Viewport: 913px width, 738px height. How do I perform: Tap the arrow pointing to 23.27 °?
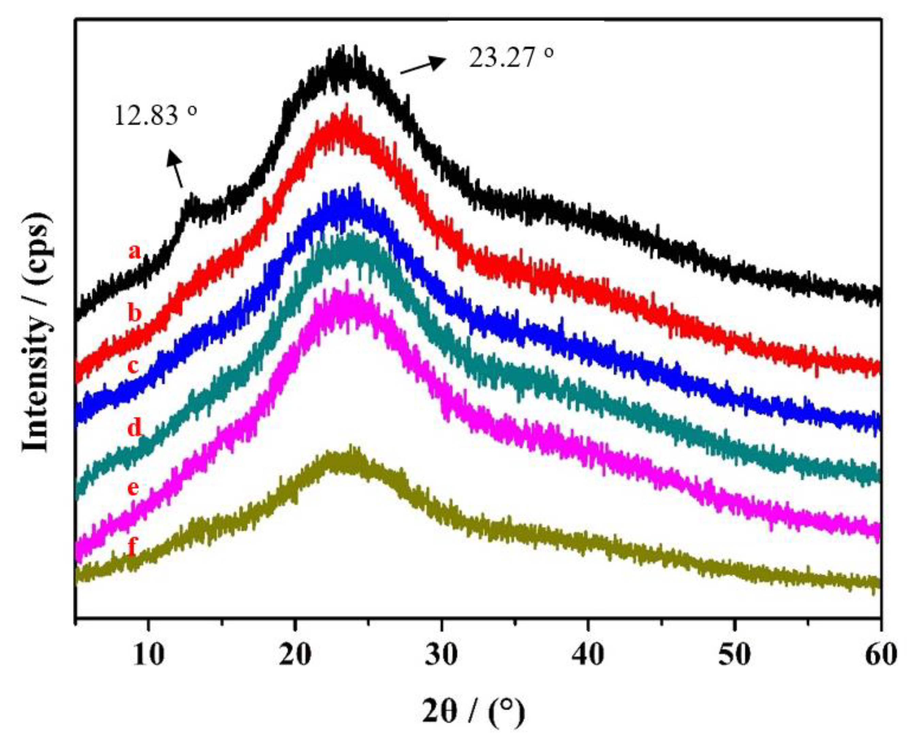coord(423,66)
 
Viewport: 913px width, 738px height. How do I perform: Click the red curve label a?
coord(135,252)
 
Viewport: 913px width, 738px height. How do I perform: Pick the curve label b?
coord(135,314)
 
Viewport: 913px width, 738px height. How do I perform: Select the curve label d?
coord(135,427)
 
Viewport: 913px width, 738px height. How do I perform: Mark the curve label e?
coord(133,488)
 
